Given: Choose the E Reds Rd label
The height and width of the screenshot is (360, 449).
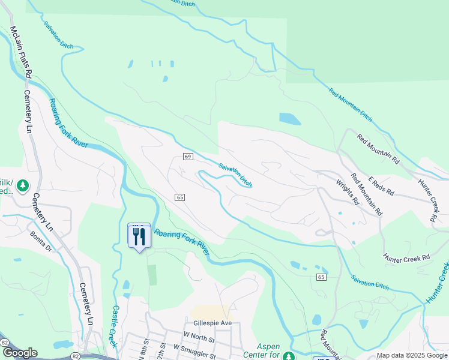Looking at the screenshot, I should [381, 185].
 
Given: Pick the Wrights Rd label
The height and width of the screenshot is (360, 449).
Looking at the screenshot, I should [347, 191].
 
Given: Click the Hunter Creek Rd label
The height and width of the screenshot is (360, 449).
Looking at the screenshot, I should [407, 257].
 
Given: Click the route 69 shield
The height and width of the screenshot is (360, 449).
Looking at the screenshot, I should [187, 157].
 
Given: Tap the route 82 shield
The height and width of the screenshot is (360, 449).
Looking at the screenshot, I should [5, 341].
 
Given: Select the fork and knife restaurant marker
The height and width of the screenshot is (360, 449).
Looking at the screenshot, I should [139, 236].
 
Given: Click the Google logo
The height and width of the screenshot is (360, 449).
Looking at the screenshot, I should [19, 353].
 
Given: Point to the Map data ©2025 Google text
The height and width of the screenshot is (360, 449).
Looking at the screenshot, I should [412, 355].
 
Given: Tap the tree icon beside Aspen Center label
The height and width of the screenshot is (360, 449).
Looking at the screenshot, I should [288, 356].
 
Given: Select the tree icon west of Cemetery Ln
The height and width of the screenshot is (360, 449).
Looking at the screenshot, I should [23, 185].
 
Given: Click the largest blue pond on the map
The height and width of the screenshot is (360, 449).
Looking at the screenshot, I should [289, 119].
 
